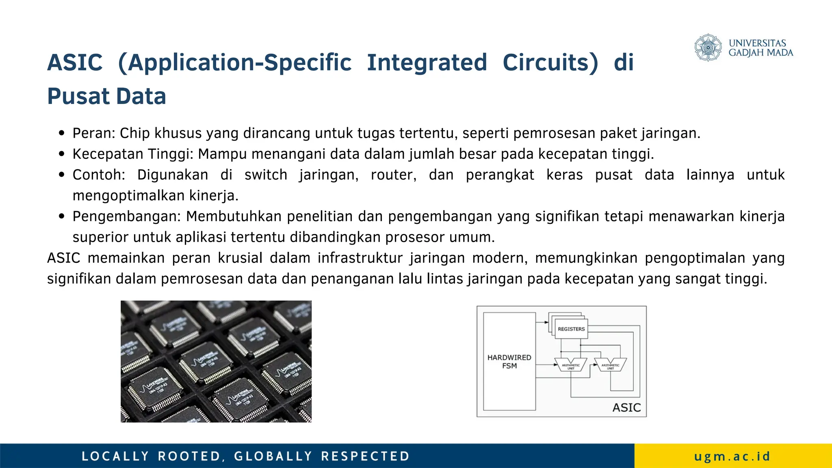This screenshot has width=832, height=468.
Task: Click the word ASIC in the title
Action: pos(75,63)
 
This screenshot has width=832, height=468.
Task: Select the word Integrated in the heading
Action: pos(427,63)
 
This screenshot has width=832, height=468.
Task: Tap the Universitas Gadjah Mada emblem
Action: pos(708,48)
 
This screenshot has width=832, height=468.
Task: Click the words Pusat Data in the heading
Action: pos(106,96)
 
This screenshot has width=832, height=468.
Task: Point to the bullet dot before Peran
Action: pos(62,133)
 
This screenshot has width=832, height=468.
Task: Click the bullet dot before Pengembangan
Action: pos(62,216)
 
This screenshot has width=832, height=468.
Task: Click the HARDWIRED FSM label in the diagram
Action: pos(509,362)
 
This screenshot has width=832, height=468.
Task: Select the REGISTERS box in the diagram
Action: pos(571,329)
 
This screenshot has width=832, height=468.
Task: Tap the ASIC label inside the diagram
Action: pos(626,407)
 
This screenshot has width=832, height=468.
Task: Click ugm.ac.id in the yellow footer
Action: pos(732,456)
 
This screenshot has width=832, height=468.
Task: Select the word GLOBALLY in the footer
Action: pos(273,456)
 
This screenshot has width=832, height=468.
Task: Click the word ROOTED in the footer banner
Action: pos(189,456)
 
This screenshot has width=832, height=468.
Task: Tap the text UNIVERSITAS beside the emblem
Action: pos(757,43)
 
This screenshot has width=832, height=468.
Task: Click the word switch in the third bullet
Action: pos(266,175)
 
